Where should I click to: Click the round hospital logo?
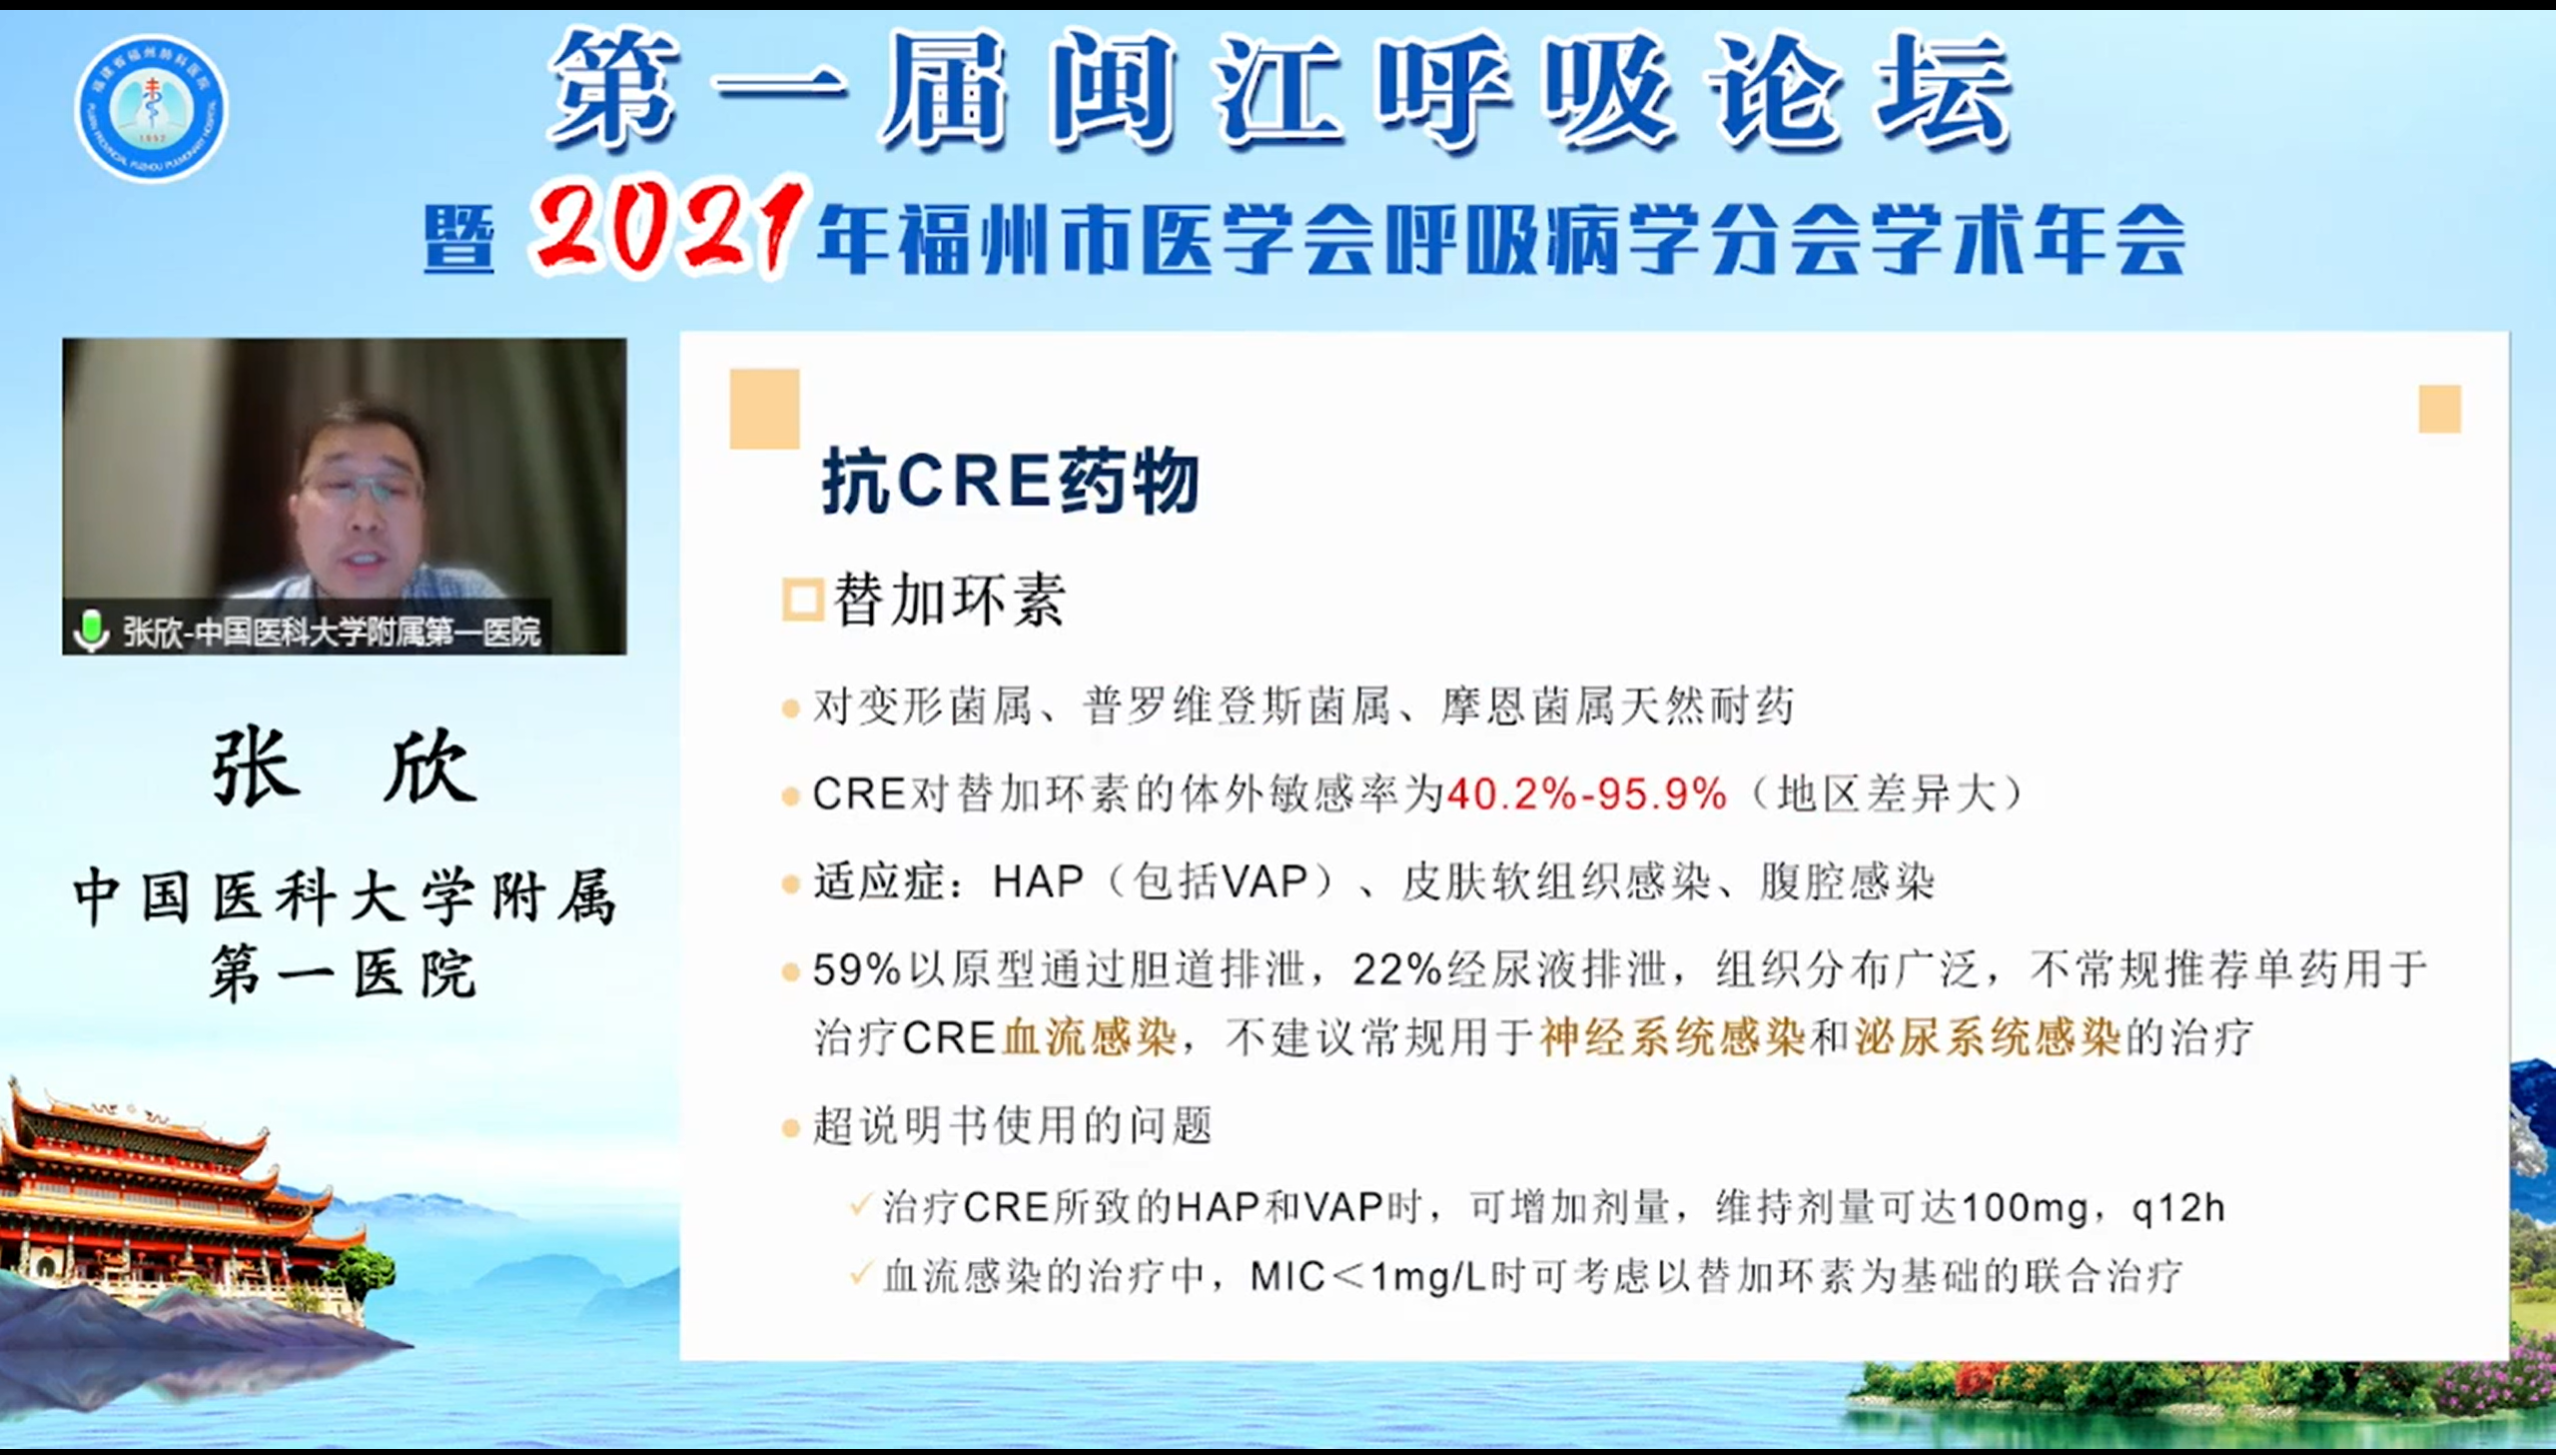(x=152, y=109)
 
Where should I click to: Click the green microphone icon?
(x=91, y=631)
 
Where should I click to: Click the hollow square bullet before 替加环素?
(x=802, y=600)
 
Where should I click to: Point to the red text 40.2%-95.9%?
(x=1586, y=794)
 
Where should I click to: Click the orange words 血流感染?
(x=1089, y=1036)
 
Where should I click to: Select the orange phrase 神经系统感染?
(x=1672, y=1036)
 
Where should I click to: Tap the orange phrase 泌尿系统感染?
(x=1988, y=1036)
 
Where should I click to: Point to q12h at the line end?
(x=2178, y=1208)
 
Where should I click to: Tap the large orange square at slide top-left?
(x=764, y=409)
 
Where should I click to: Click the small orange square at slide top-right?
(x=2439, y=409)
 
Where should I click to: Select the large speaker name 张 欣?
(x=345, y=766)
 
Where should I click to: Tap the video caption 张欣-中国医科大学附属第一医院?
(x=332, y=632)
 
